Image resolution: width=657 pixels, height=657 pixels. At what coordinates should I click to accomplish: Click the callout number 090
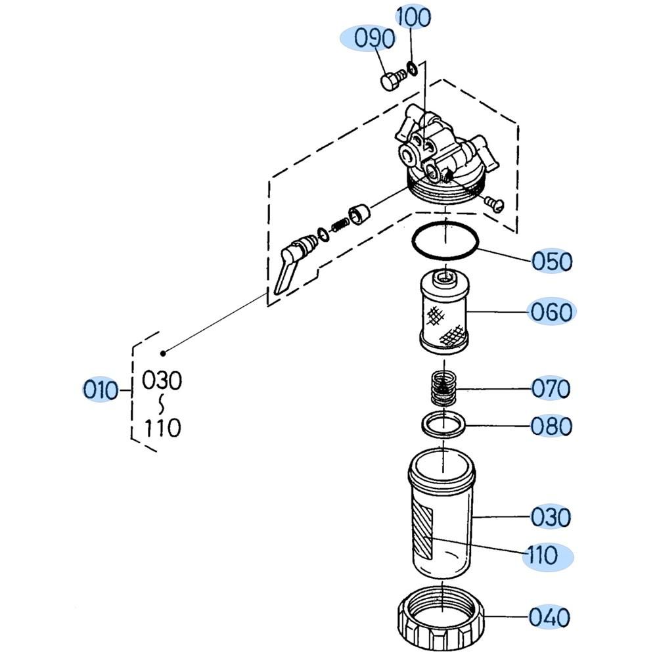click(x=374, y=39)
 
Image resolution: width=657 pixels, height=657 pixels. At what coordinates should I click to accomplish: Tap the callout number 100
click(x=412, y=18)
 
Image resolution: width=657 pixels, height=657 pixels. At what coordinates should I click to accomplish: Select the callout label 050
click(x=551, y=261)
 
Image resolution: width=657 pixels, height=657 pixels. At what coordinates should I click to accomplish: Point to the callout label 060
click(x=551, y=311)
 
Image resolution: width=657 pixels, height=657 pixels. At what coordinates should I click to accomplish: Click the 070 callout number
click(x=551, y=389)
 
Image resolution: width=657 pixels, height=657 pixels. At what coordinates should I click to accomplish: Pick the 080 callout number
click(x=551, y=426)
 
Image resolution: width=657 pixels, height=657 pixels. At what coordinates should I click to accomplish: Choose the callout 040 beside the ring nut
click(x=549, y=618)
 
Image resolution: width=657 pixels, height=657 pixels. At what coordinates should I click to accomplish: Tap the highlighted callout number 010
click(x=100, y=390)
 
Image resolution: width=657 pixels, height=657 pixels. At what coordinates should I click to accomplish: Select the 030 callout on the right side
click(x=551, y=517)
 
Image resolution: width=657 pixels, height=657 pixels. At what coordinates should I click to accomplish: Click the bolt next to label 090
click(x=390, y=80)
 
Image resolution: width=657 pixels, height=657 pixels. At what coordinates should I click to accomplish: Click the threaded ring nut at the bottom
click(x=442, y=618)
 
